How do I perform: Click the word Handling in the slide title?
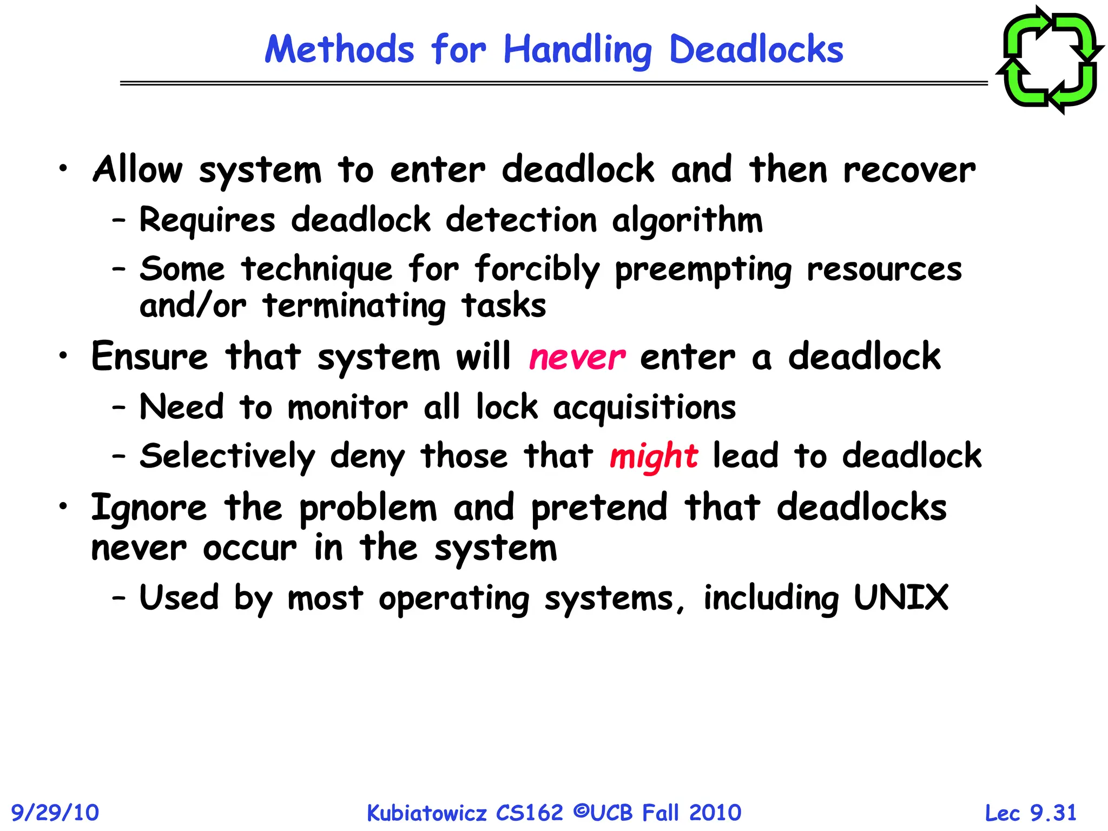click(x=577, y=50)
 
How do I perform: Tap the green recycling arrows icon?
click(x=1050, y=60)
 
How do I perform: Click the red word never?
click(x=577, y=358)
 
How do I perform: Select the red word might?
click(x=654, y=456)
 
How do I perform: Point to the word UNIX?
click(x=901, y=598)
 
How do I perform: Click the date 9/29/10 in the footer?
click(x=55, y=813)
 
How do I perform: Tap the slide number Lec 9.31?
click(x=1031, y=813)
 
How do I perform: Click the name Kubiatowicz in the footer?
click(x=427, y=813)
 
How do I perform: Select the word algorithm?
click(x=687, y=221)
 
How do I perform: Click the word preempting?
click(x=703, y=270)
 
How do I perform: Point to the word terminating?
click(x=354, y=306)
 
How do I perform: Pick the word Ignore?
click(x=149, y=509)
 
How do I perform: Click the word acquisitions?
click(x=644, y=407)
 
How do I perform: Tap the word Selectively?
click(x=227, y=456)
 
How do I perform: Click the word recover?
click(x=909, y=170)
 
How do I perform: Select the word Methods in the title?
click(x=339, y=50)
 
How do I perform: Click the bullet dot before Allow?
click(x=64, y=168)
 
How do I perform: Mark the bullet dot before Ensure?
click(x=64, y=355)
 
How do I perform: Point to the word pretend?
click(x=599, y=509)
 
